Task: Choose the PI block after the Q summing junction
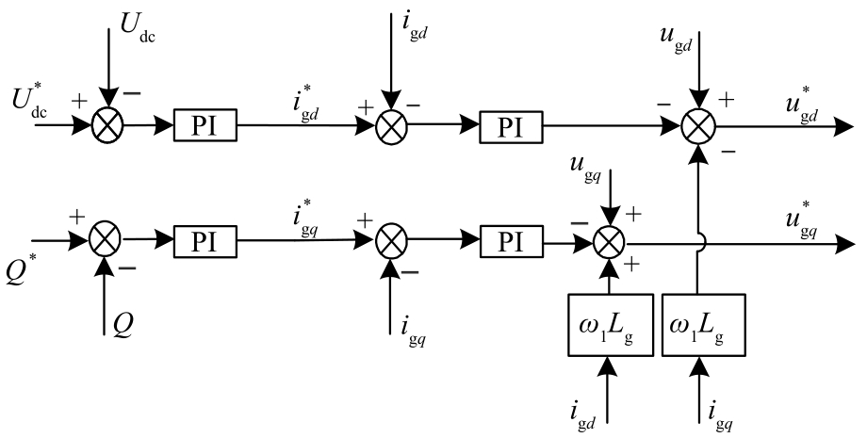pyautogui.click(x=204, y=242)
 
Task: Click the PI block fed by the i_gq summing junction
pyautogui.click(x=510, y=242)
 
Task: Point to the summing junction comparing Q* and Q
pyautogui.click(x=106, y=242)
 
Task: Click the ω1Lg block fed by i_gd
pyautogui.click(x=612, y=325)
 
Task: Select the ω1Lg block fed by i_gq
pyautogui.click(x=698, y=325)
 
